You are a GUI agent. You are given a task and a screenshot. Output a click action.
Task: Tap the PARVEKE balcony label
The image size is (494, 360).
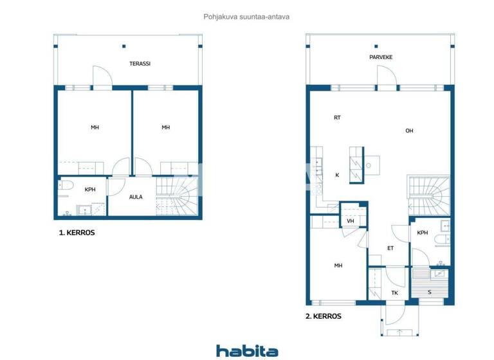(381, 57)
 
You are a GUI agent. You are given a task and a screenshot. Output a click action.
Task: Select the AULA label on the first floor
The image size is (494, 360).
(136, 197)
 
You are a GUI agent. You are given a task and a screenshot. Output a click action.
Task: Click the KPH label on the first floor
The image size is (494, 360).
(90, 190)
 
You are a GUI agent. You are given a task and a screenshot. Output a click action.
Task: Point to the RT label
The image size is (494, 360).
(337, 118)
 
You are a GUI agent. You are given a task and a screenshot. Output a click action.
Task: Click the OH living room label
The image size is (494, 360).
(409, 131)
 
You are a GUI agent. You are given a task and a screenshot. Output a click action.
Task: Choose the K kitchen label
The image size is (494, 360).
(336, 175)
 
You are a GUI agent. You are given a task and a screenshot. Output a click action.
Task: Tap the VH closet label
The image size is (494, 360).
(351, 221)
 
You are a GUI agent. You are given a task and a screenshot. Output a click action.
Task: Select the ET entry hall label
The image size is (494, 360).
(390, 248)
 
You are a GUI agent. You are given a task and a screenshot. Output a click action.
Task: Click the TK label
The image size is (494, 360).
(394, 292)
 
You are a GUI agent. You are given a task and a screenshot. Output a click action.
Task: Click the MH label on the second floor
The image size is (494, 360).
(338, 265)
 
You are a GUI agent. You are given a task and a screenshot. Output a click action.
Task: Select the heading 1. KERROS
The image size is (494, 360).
(77, 233)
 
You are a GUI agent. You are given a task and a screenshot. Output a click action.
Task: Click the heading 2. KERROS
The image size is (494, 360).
(323, 316)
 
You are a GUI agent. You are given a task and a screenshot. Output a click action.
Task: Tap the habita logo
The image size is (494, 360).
(247, 350)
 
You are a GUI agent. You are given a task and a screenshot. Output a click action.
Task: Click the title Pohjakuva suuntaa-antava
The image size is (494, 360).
(246, 18)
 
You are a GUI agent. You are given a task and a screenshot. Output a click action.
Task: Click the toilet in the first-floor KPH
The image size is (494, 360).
(67, 186)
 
